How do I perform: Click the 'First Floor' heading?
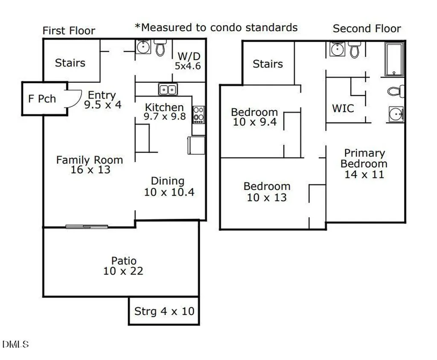pyautogui.click(x=69, y=31)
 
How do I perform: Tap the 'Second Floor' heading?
pyautogui.click(x=367, y=29)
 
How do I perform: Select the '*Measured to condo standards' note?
pyautogui.click(x=216, y=27)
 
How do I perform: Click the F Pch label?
pyautogui.click(x=42, y=99)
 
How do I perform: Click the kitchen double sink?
pyautogui.click(x=168, y=90)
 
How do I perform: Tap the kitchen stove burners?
pyautogui.click(x=199, y=114)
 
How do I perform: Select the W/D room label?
pyautogui.click(x=189, y=56)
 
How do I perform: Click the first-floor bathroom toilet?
pyautogui.click(x=160, y=48)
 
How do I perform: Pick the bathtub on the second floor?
pyautogui.click(x=394, y=59)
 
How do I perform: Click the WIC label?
pyautogui.click(x=343, y=108)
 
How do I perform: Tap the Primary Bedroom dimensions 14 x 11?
pyautogui.click(x=364, y=174)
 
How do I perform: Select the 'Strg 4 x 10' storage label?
pyautogui.click(x=164, y=311)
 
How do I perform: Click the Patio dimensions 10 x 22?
pyautogui.click(x=123, y=271)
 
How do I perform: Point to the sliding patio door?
pyautogui.click(x=87, y=227)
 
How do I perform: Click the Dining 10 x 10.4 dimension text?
pyautogui.click(x=169, y=192)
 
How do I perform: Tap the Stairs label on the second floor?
pyautogui.click(x=268, y=64)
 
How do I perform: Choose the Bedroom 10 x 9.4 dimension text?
pyautogui.click(x=255, y=122)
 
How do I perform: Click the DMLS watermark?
pyautogui.click(x=16, y=344)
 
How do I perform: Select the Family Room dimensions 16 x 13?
pyautogui.click(x=90, y=170)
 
